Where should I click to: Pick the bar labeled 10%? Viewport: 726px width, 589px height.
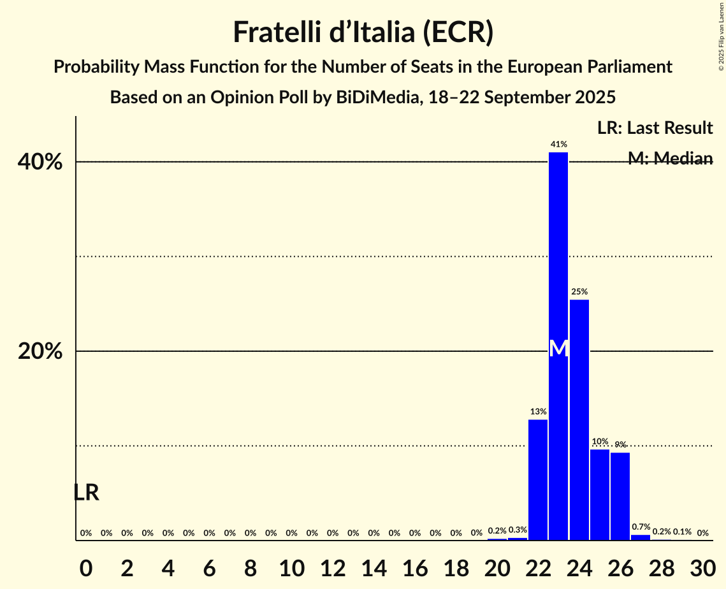tap(599, 495)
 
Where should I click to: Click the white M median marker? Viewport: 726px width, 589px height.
tap(558, 348)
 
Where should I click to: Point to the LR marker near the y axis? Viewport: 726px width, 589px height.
tap(86, 493)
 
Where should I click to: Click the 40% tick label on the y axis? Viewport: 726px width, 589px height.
tap(40, 163)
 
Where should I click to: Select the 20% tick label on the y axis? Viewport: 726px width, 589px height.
tap(40, 351)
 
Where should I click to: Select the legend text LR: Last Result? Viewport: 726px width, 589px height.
tap(655, 128)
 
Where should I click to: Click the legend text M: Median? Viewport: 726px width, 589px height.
tap(670, 159)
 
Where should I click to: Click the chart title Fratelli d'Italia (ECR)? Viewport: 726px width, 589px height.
tap(363, 32)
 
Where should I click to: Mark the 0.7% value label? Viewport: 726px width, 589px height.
tap(641, 527)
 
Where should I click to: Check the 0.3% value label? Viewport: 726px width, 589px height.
tap(518, 530)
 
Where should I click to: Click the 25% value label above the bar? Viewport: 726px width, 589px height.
tap(579, 292)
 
